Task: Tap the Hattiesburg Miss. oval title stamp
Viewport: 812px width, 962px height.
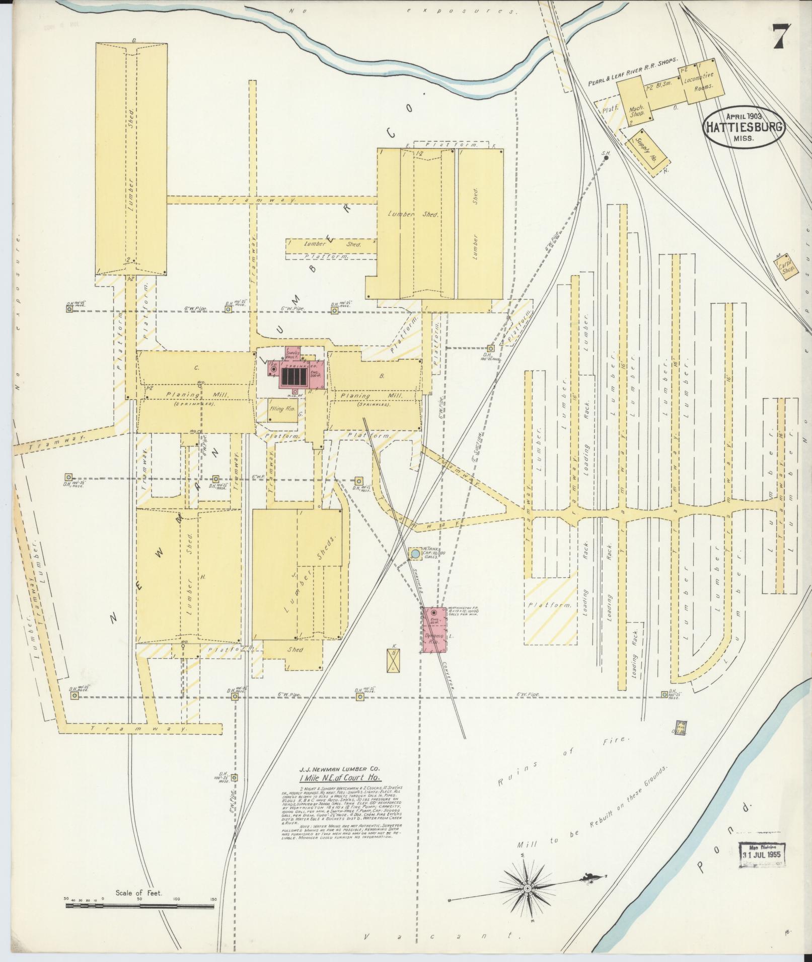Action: pos(744,127)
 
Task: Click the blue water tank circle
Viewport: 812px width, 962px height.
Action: pos(415,554)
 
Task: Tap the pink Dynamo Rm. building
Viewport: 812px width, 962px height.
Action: pos(433,630)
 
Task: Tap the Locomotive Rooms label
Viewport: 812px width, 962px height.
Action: pos(701,80)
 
